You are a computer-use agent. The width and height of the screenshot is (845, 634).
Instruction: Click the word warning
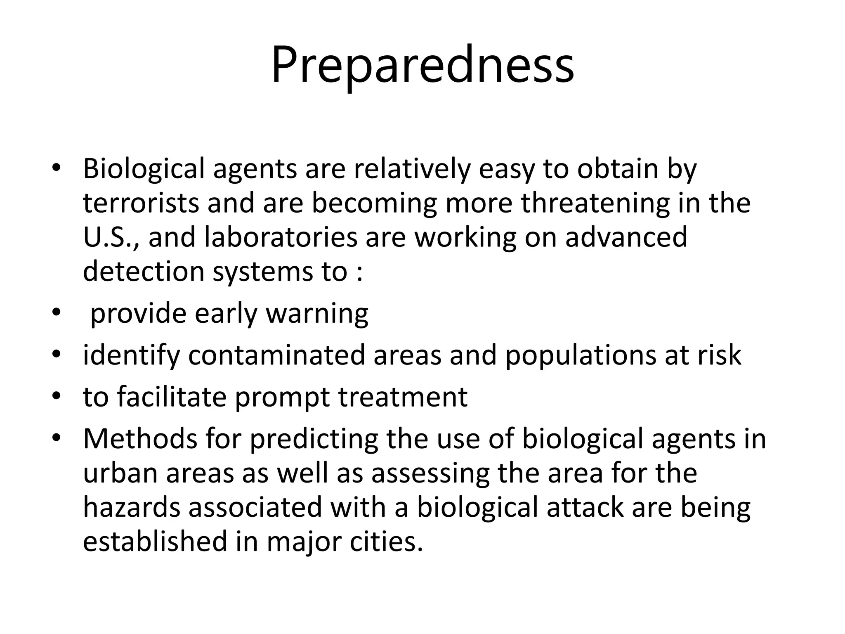(316, 314)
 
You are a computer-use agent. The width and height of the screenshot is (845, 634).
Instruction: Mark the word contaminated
(276, 355)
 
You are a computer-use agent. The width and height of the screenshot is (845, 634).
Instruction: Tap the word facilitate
(171, 397)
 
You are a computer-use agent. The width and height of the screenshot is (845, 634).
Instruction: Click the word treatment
(403, 397)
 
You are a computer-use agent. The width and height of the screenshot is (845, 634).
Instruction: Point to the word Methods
(140, 439)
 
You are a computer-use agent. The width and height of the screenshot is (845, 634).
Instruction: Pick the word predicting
(314, 439)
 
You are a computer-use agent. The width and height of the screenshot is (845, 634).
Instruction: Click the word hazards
(132, 507)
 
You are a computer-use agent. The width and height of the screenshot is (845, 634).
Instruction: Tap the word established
(155, 542)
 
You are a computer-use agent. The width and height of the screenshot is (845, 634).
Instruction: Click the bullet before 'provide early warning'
(57, 313)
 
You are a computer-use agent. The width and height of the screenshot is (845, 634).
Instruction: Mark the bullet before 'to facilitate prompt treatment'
(57, 396)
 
